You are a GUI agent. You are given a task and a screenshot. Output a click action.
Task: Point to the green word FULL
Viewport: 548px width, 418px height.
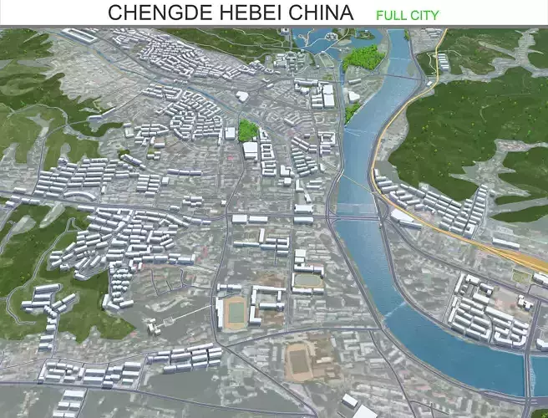coord(391,15)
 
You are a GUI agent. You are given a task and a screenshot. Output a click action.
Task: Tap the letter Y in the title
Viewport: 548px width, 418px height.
coord(434,15)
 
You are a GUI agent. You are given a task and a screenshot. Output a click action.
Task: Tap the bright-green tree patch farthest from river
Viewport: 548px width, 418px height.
coord(247,130)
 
